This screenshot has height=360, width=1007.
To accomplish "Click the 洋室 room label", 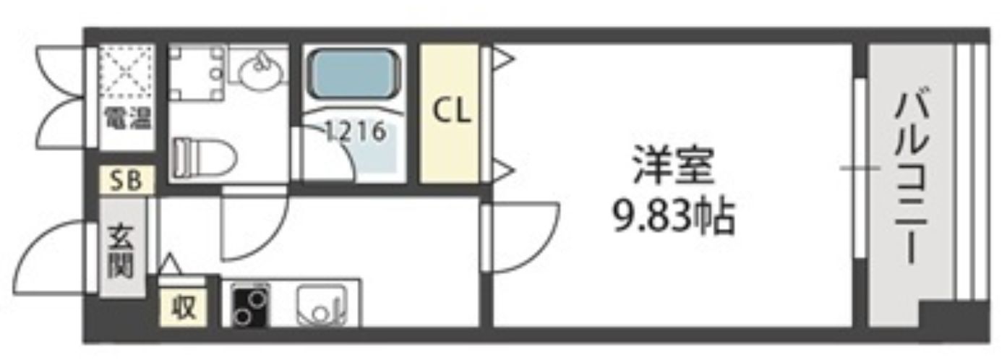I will (672, 167).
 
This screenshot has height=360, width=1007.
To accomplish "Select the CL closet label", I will (451, 111).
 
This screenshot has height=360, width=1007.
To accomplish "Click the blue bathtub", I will (354, 76).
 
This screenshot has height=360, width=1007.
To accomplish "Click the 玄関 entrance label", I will (121, 250).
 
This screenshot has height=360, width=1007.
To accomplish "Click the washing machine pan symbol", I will (196, 72).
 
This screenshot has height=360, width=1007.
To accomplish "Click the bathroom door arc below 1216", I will (333, 155).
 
